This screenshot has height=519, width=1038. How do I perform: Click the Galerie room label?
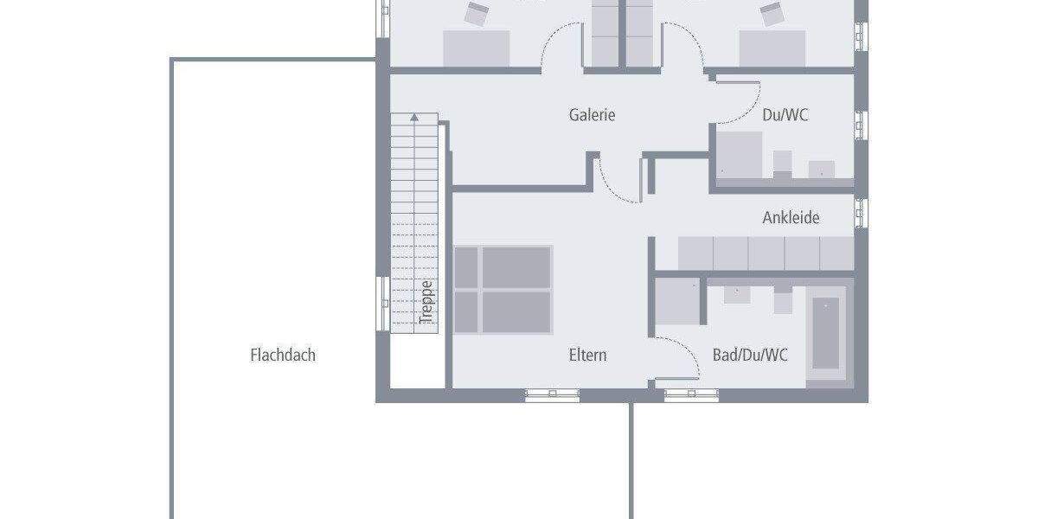pyautogui.click(x=592, y=114)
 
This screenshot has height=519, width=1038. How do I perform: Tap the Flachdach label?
pyautogui.click(x=283, y=355)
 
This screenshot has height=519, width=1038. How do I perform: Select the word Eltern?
pyautogui.click(x=587, y=355)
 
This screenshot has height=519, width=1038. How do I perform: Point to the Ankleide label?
pyautogui.click(x=791, y=217)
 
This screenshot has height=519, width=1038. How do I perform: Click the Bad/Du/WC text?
pyautogui.click(x=750, y=355)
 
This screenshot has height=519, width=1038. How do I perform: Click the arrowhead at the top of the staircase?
pyautogui.click(x=414, y=117)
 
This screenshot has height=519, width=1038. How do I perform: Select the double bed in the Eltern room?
pyautogui.click(x=503, y=290)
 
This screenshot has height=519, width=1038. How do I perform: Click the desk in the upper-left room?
pyautogui.click(x=476, y=48)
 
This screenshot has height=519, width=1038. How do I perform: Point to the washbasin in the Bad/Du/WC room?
pyautogui.click(x=737, y=292)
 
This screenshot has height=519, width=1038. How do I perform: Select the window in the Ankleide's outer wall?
pyautogui.click(x=860, y=213)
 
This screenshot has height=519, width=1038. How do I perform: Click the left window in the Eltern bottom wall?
pyautogui.click(x=550, y=395)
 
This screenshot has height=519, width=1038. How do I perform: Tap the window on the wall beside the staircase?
pyautogui.click(x=381, y=303)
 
